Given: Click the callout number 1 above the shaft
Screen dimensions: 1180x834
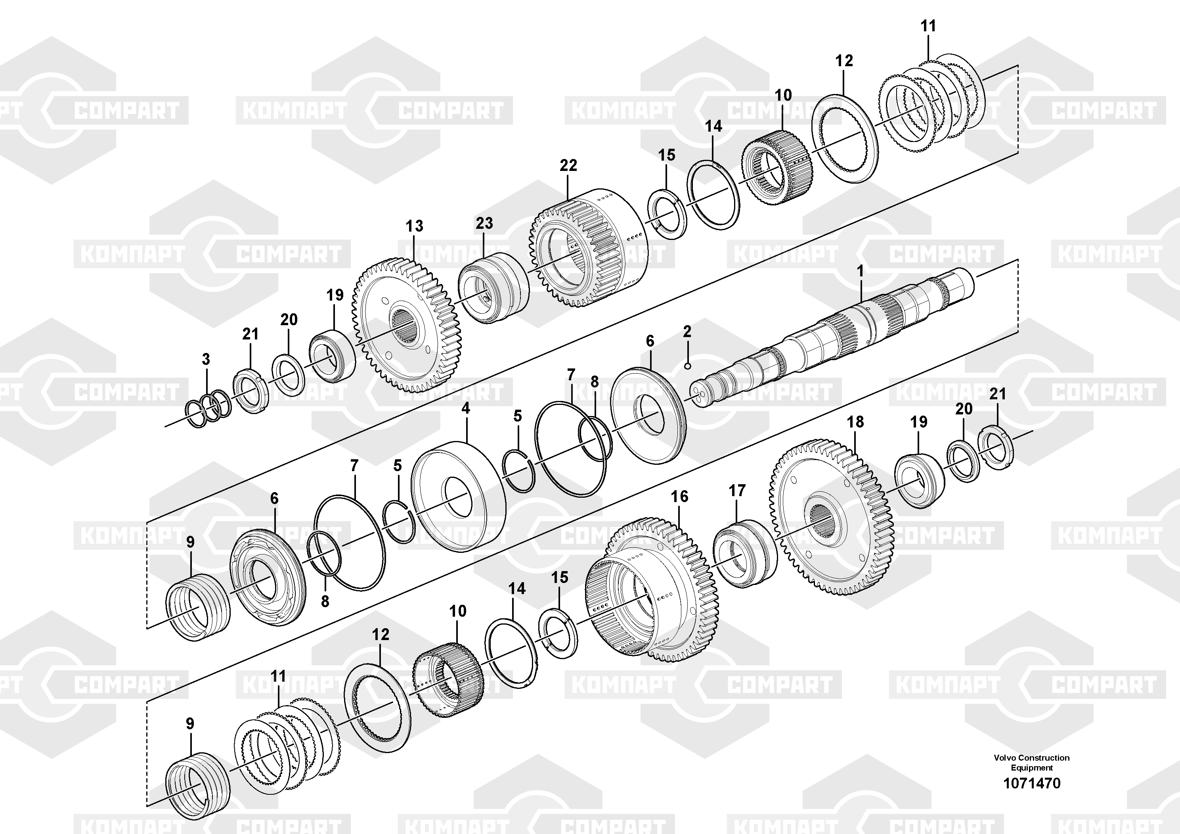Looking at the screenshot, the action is [x=860, y=270].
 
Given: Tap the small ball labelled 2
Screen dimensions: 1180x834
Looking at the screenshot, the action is [x=688, y=366].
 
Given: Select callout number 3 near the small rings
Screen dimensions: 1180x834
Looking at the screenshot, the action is [x=206, y=359].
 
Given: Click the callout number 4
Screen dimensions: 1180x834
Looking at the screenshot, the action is [x=466, y=409].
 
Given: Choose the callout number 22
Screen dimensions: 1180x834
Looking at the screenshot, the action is [x=568, y=165].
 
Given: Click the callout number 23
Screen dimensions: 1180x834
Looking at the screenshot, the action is [x=484, y=223].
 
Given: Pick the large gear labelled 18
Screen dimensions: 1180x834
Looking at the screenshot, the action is [x=832, y=516].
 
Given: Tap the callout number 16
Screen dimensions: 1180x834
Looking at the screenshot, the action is [x=679, y=496].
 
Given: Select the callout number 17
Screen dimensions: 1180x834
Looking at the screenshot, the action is [x=737, y=491].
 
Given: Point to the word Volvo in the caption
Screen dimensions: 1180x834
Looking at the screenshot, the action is [x=1005, y=757].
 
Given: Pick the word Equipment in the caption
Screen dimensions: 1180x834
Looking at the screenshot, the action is [x=1032, y=768].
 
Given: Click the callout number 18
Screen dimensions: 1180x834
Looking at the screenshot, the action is [x=855, y=422].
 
